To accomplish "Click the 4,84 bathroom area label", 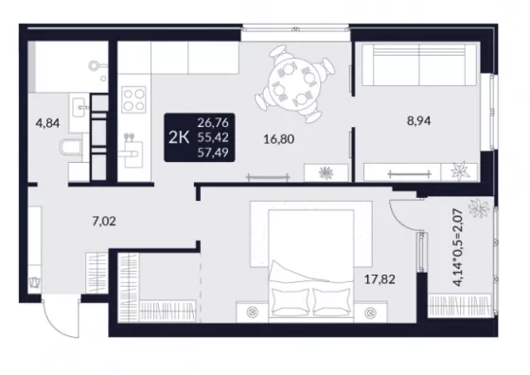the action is pos(47,123).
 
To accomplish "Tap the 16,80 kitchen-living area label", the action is pos(279,139).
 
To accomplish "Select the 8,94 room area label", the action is pos(418,120).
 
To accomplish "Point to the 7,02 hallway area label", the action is pos(104,222).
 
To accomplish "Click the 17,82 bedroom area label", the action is pos(380,279).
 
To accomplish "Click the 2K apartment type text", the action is pos(179,137).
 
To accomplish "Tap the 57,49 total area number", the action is pos(213,152).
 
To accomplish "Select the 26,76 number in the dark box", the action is pos(213,122).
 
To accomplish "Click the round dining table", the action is pos(293,83).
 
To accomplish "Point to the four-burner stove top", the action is pos(133,99).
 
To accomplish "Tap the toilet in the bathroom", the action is pos(71,149).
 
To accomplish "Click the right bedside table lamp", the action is pos(371,312).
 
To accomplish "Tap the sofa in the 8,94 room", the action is pos(419,64).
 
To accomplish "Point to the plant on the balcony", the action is pos(478,207).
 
